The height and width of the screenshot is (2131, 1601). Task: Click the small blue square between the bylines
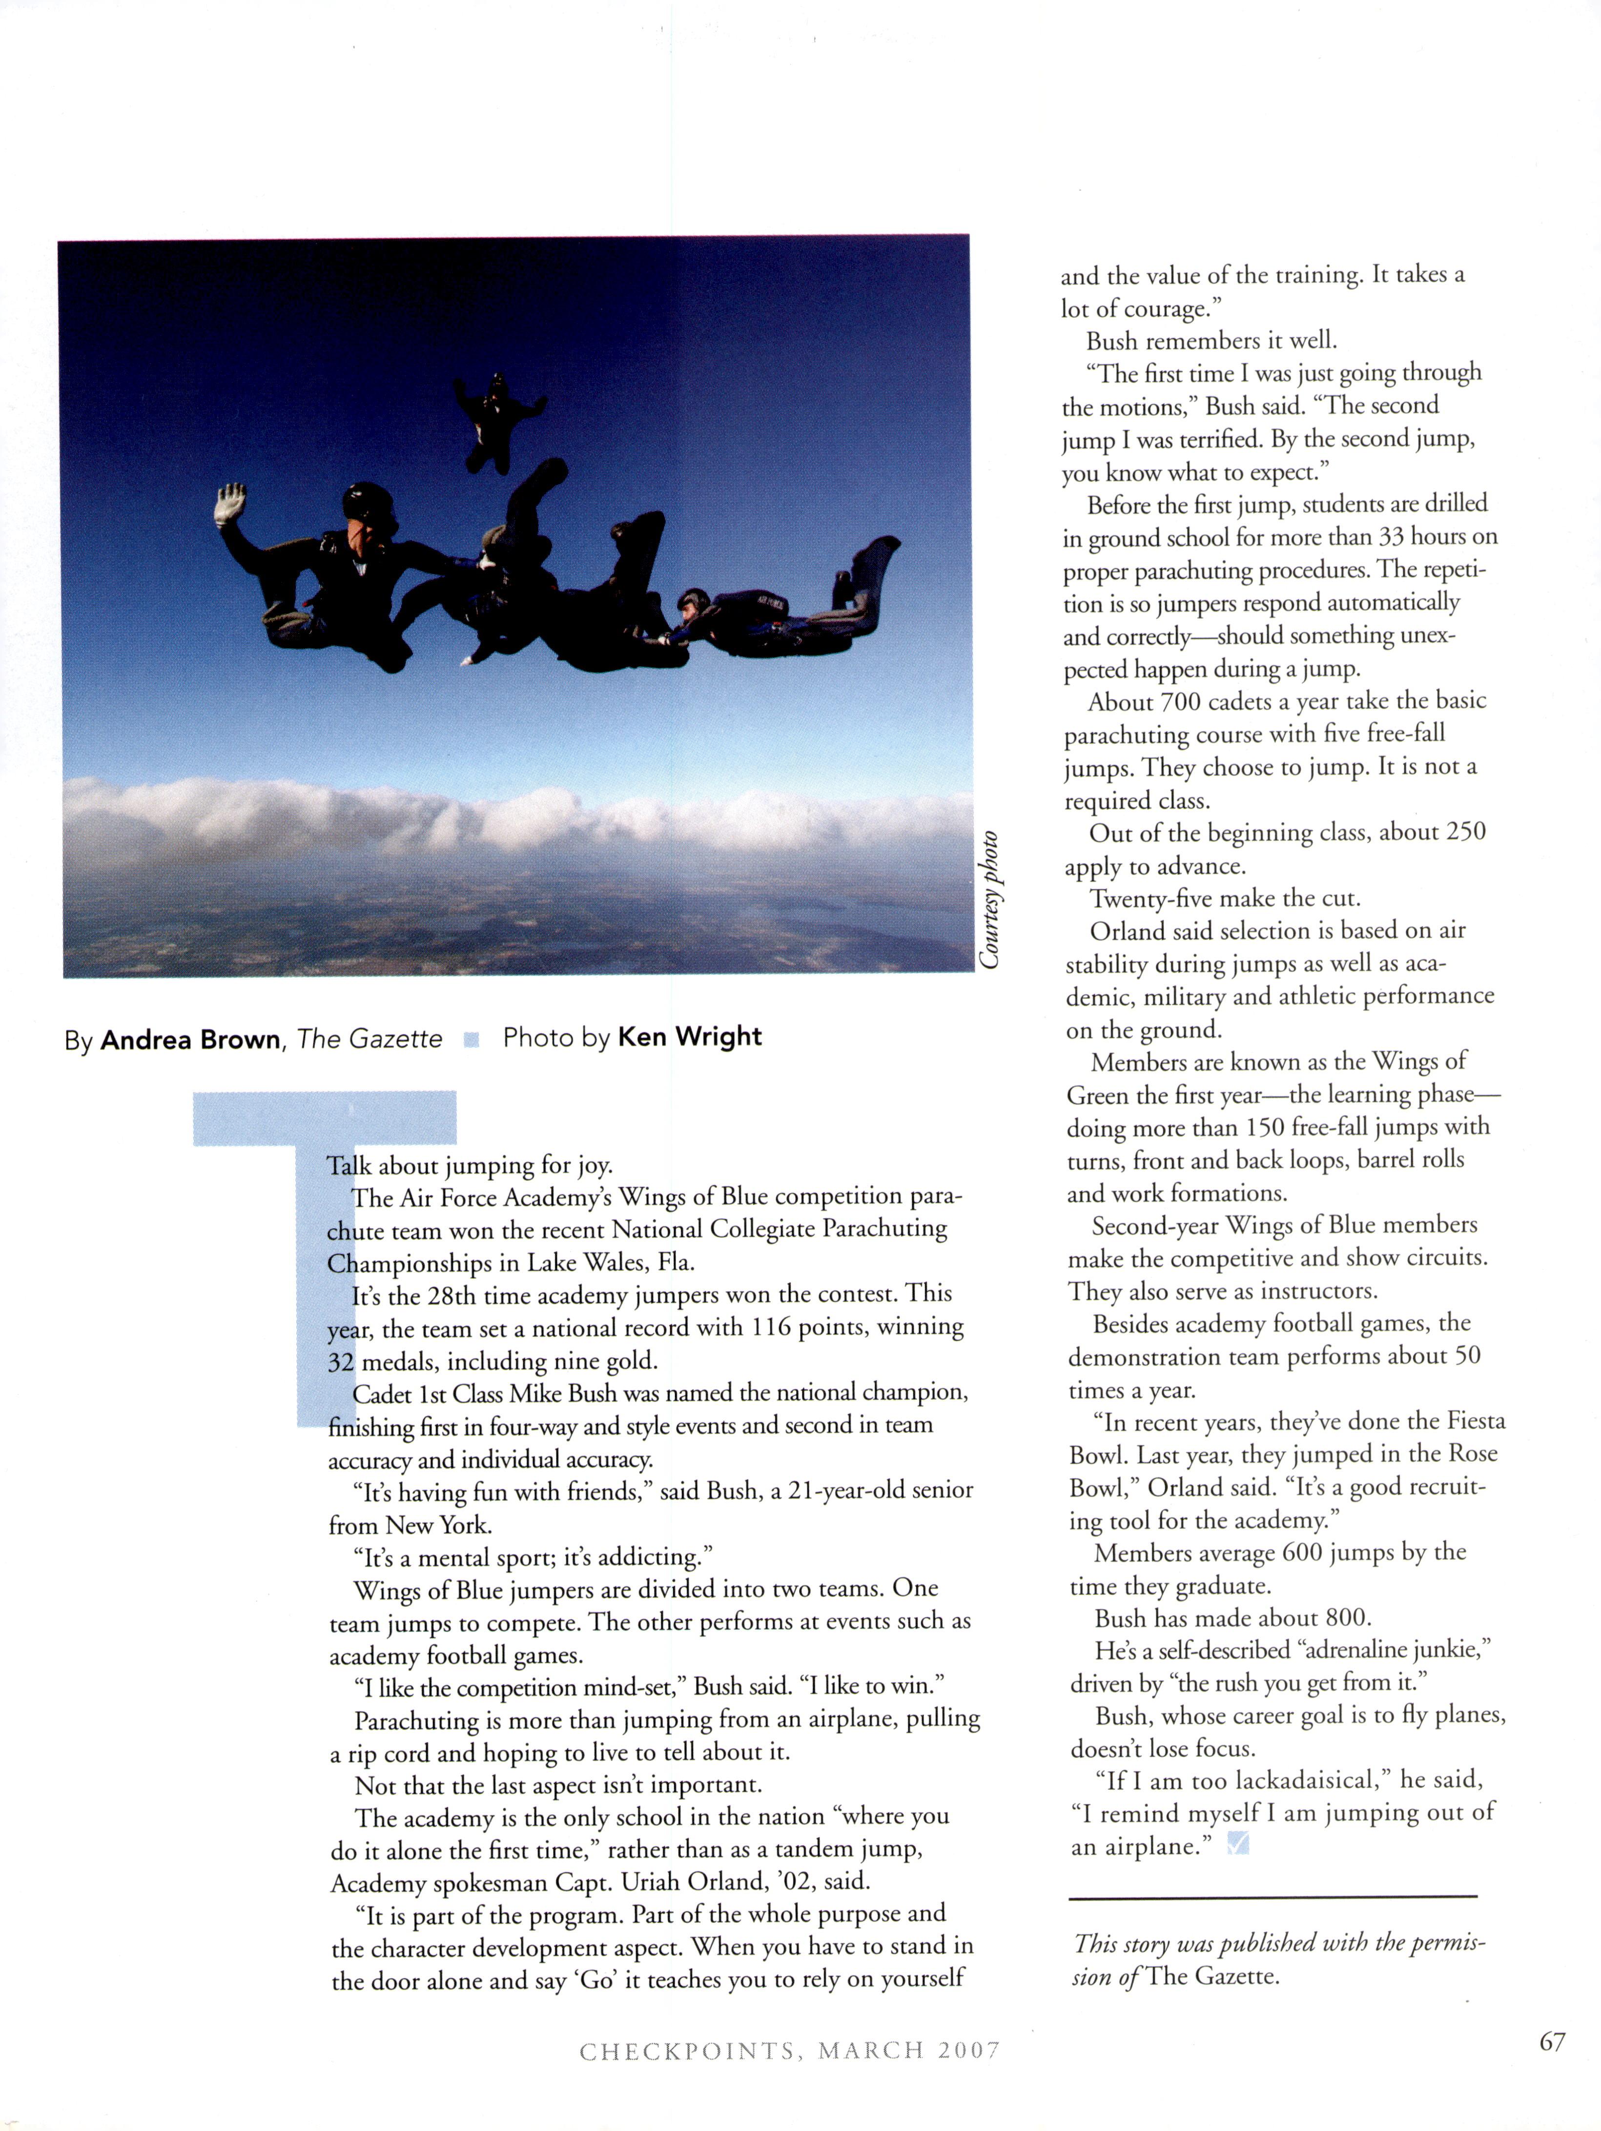click(x=471, y=1039)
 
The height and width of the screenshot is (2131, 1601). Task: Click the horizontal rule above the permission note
click(x=1272, y=1897)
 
